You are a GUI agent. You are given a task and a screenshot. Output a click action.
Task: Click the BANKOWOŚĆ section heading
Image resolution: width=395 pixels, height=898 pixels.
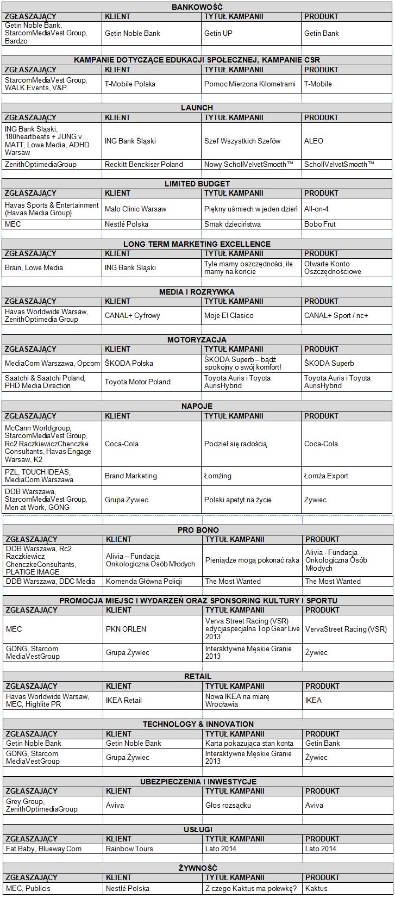point(197,7)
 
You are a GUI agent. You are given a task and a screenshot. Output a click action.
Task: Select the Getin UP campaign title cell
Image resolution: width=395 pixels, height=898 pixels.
point(218,33)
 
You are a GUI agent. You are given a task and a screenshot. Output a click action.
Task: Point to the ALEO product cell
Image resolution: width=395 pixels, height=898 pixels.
point(314,141)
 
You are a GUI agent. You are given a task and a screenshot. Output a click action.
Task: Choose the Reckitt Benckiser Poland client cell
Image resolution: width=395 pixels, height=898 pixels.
point(144,164)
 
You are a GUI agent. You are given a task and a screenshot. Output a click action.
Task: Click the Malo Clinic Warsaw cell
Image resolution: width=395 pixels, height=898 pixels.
point(135,209)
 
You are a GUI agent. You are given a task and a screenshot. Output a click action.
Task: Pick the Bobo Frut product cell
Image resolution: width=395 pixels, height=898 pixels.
point(320,224)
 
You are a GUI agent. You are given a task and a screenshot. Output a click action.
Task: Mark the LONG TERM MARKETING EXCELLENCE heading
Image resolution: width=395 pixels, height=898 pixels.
point(197,244)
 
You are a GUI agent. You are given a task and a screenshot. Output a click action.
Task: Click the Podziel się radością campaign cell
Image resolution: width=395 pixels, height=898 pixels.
point(235,444)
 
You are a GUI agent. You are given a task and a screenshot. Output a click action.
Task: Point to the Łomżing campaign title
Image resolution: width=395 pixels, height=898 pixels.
point(218,476)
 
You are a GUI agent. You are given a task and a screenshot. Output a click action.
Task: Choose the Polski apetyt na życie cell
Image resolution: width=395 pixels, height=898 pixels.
point(237,500)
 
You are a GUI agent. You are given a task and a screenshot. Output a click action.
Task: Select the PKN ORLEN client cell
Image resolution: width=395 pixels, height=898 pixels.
point(126,629)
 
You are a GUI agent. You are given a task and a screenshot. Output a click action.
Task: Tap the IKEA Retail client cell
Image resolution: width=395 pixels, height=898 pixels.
point(124,700)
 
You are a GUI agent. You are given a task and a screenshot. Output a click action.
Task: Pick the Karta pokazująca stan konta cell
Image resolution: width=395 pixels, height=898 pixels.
point(249,743)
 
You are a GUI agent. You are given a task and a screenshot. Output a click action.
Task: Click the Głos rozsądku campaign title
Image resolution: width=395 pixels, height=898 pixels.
point(228,805)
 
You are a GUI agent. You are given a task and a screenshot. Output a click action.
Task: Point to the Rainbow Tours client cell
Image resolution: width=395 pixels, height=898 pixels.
point(129,849)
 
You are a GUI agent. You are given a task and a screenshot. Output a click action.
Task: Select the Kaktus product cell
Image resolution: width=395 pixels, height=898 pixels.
point(316,888)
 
